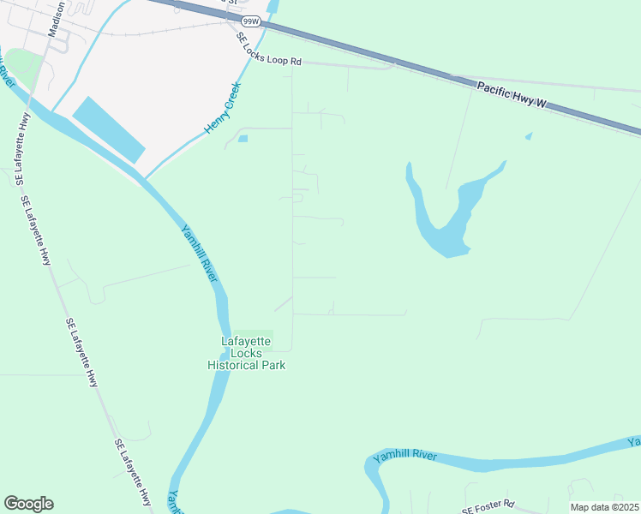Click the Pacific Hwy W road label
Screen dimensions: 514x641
coord(512,94)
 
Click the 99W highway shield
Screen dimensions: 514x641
coord(251,20)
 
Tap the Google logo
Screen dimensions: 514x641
coord(28,504)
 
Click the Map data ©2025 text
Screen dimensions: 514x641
coord(604,507)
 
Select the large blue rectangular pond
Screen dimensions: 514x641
coord(109,129)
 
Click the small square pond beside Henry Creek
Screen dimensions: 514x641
coord(243,138)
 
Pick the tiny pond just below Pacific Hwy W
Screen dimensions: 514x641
coord(528,135)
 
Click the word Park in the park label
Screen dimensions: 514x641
coord(273,365)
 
